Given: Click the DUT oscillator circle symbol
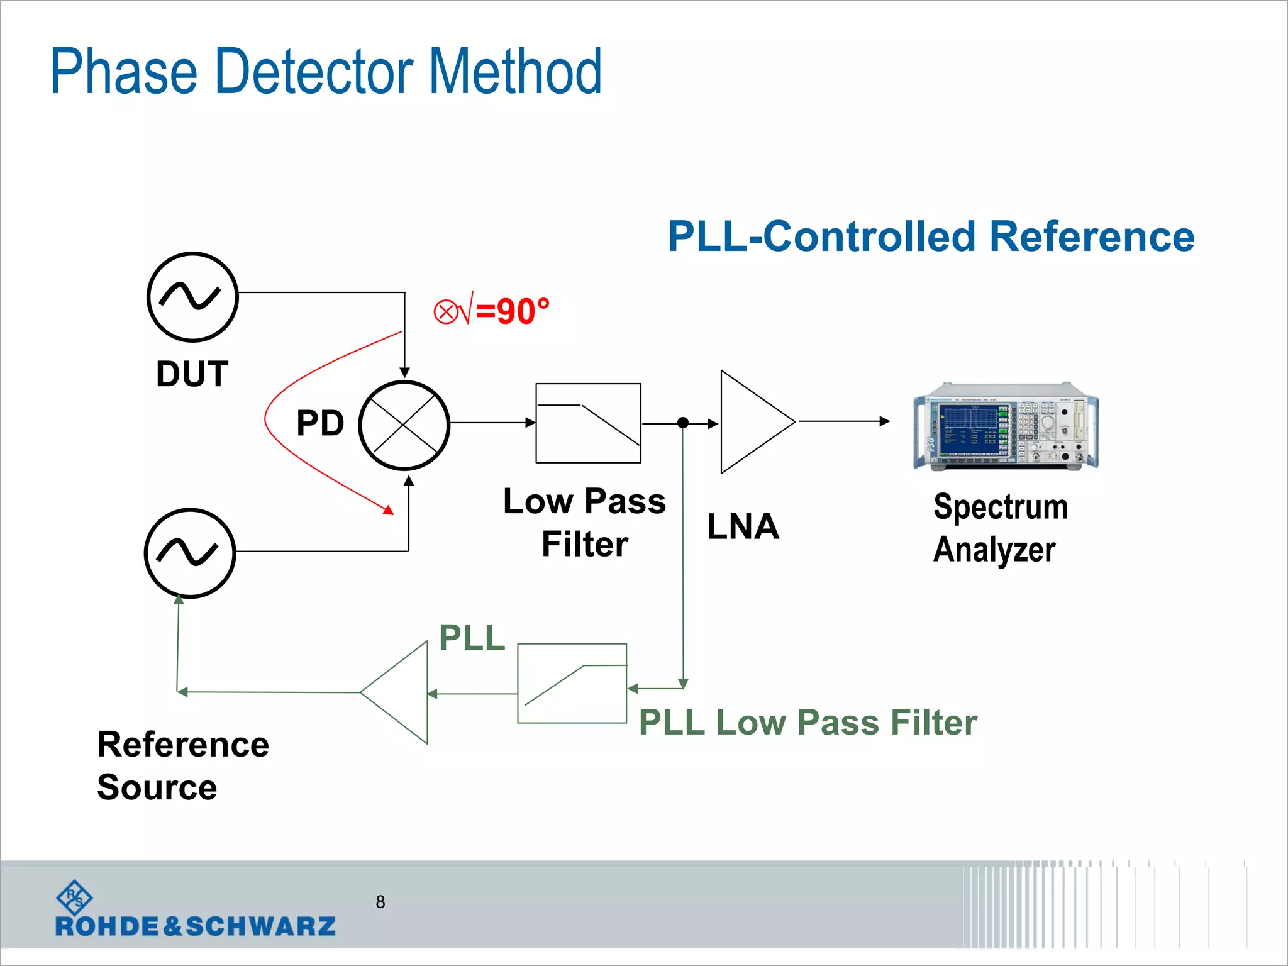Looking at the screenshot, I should pyautogui.click(x=192, y=297).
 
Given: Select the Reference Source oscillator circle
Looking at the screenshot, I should pyautogui.click(x=189, y=553).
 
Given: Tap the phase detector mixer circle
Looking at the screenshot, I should pyautogui.click(x=404, y=425).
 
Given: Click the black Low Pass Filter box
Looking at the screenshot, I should pyautogui.click(x=588, y=423).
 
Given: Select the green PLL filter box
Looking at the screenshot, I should pyautogui.click(x=572, y=684).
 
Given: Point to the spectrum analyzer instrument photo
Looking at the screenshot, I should pyautogui.click(x=1006, y=426).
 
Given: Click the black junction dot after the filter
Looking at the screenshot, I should pyautogui.click(x=683, y=423).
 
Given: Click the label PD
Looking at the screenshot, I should pyautogui.click(x=320, y=423).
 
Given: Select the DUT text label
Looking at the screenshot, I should pyautogui.click(x=192, y=374).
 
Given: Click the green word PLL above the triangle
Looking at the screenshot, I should pyautogui.click(x=472, y=638).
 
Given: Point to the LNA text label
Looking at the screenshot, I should pyautogui.click(x=743, y=526).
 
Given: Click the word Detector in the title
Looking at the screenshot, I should pyautogui.click(x=314, y=72).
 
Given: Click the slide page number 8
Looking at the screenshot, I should pyautogui.click(x=380, y=902).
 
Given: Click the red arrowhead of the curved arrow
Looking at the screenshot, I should pyautogui.click(x=389, y=510).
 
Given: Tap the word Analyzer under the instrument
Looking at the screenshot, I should pyautogui.click(x=994, y=550).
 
